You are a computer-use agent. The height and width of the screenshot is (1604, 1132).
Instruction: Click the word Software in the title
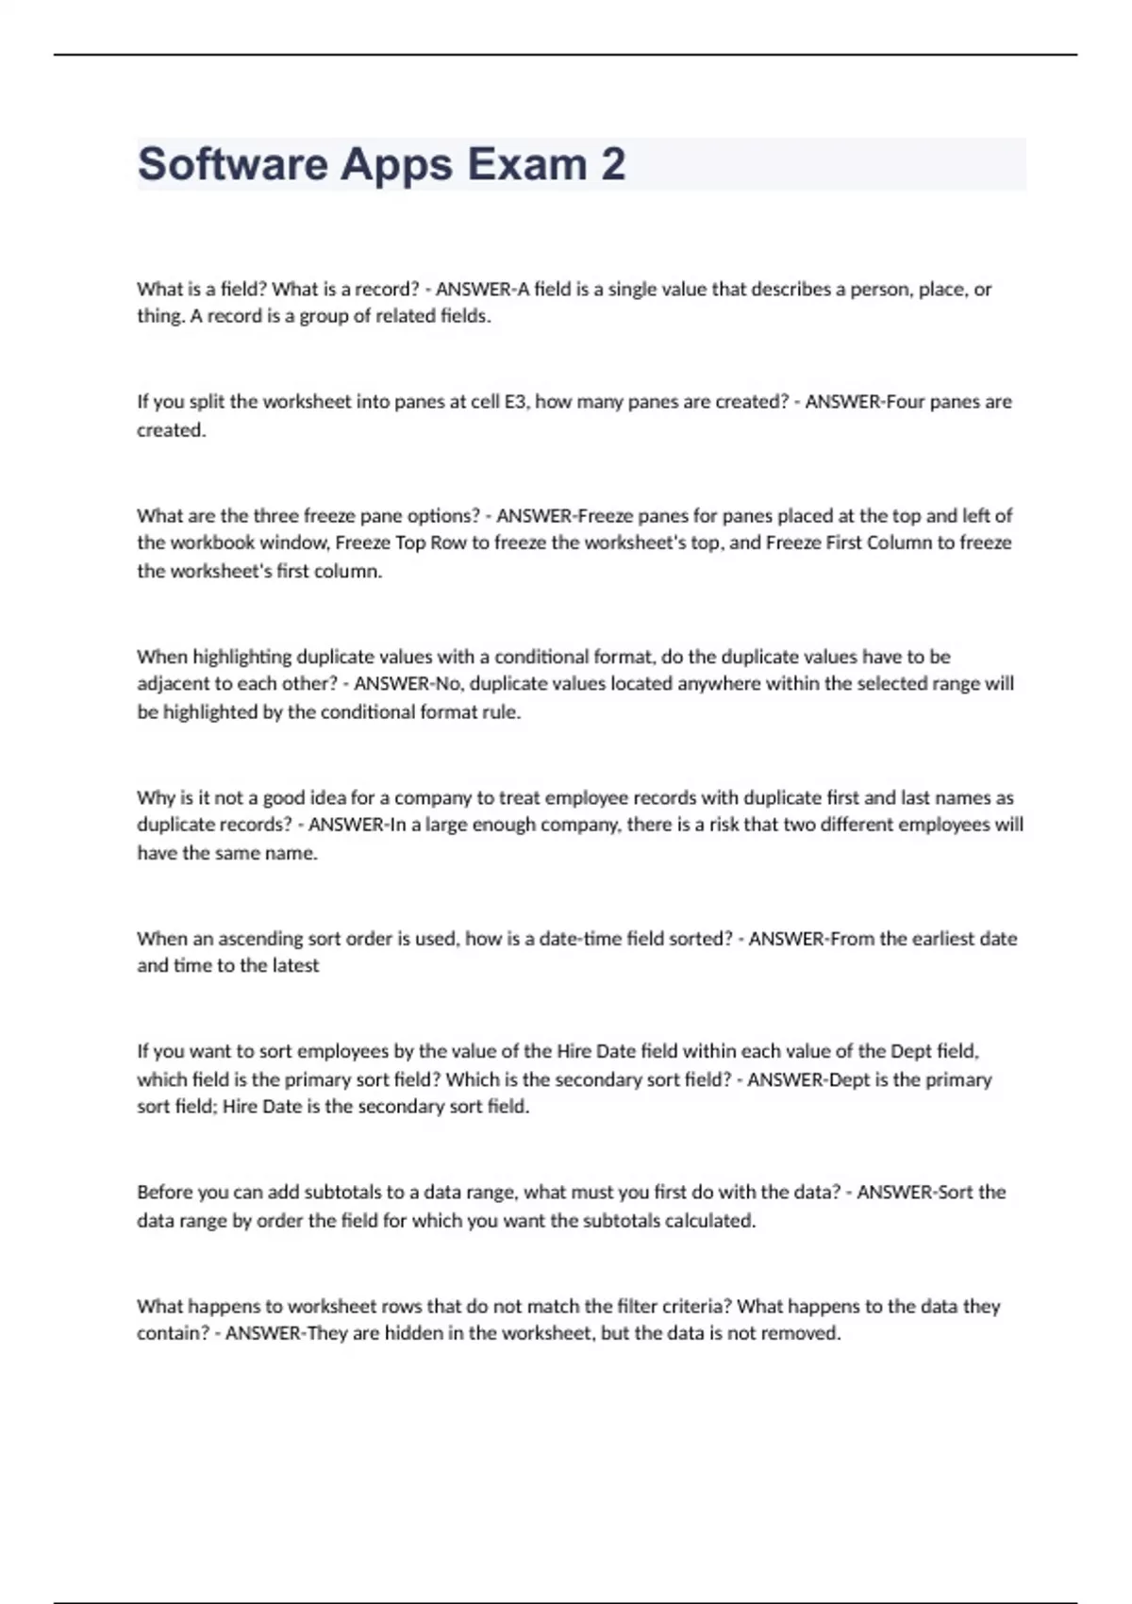tap(231, 164)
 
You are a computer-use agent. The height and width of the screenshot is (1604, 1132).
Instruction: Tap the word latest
tap(294, 965)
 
